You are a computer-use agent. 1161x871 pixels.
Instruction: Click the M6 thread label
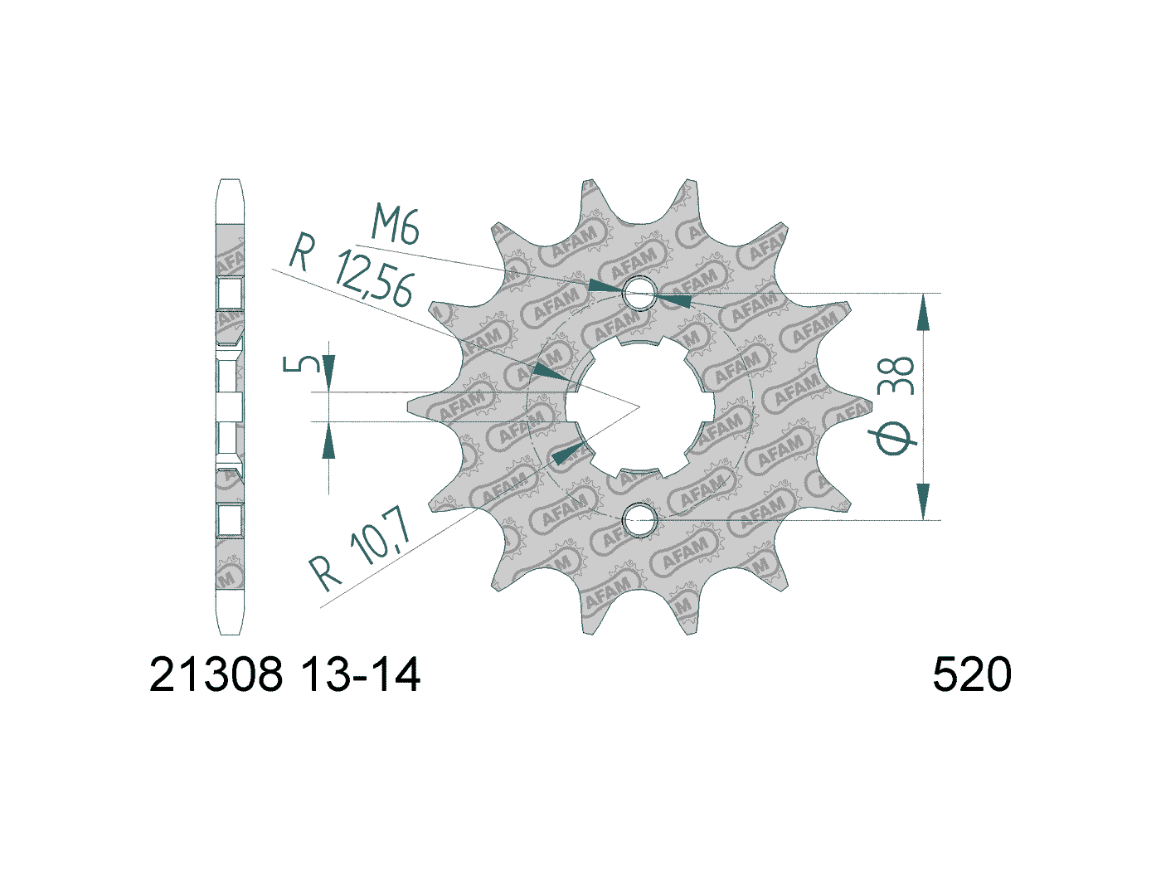(395, 224)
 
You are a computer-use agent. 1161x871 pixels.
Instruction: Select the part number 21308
(216, 674)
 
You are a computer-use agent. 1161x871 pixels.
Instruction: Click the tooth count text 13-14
(361, 674)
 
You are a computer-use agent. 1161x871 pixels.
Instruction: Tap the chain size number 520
(972, 674)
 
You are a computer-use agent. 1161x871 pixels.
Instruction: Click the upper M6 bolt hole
(639, 293)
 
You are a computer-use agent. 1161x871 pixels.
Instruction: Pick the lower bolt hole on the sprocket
(639, 520)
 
